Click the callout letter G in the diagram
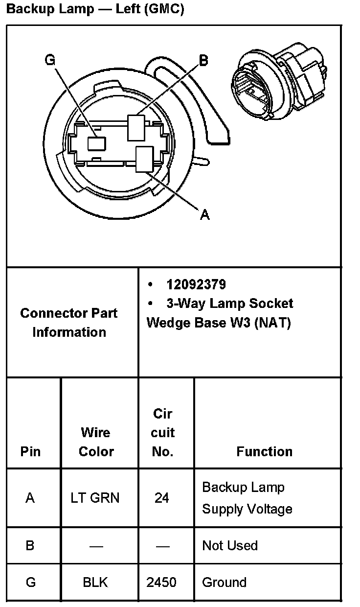coord(50,60)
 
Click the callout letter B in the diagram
coord(203,60)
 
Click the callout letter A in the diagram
coord(205,214)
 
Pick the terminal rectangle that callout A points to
coord(144,159)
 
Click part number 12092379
coord(196,285)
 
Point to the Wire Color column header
coord(96,442)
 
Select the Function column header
coord(264,451)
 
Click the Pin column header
coord(30,451)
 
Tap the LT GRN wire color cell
coord(95,498)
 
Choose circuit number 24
coord(162,498)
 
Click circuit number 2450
coord(161,583)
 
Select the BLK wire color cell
coord(95,583)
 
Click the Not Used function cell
coord(229,545)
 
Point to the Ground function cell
coord(224,583)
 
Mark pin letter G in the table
coord(30,583)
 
